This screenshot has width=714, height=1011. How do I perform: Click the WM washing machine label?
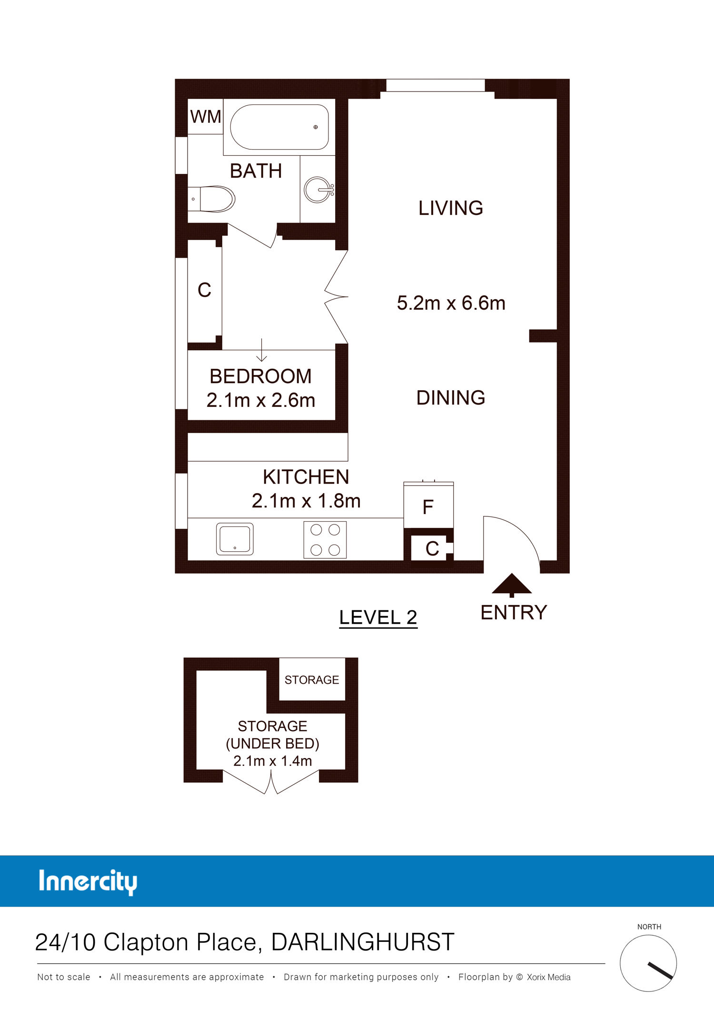click(206, 117)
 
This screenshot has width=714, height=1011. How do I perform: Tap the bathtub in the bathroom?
click(279, 127)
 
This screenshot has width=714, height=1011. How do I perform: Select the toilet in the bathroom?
click(212, 199)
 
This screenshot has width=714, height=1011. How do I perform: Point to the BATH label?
click(256, 171)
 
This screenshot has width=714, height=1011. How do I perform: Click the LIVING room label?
click(451, 208)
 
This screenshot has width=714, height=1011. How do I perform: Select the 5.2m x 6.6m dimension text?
click(451, 303)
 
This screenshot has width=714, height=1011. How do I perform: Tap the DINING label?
click(451, 398)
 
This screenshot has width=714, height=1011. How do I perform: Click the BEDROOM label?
click(261, 376)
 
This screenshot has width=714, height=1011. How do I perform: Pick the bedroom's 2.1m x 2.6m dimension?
click(261, 400)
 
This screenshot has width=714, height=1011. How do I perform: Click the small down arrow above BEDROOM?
click(261, 350)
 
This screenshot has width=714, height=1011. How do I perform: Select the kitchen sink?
click(235, 539)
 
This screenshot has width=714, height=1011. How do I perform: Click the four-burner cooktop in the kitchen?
click(325, 540)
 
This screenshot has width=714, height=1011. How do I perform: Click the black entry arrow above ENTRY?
click(512, 585)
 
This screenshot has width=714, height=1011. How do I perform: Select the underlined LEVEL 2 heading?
click(378, 618)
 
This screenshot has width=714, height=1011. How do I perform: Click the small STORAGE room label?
click(312, 680)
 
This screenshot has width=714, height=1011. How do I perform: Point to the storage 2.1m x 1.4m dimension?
click(273, 761)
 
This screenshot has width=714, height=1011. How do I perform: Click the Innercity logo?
click(88, 882)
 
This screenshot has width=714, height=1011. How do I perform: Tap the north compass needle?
click(660, 971)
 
